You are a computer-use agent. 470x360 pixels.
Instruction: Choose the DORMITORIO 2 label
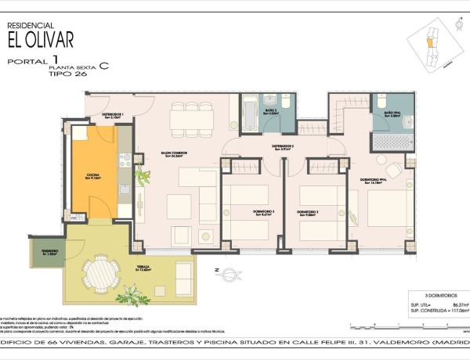[x=308, y=212]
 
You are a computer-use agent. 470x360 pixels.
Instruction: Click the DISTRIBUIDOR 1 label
[x=112, y=115]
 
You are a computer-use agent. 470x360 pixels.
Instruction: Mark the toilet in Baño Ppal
[x=382, y=102]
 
